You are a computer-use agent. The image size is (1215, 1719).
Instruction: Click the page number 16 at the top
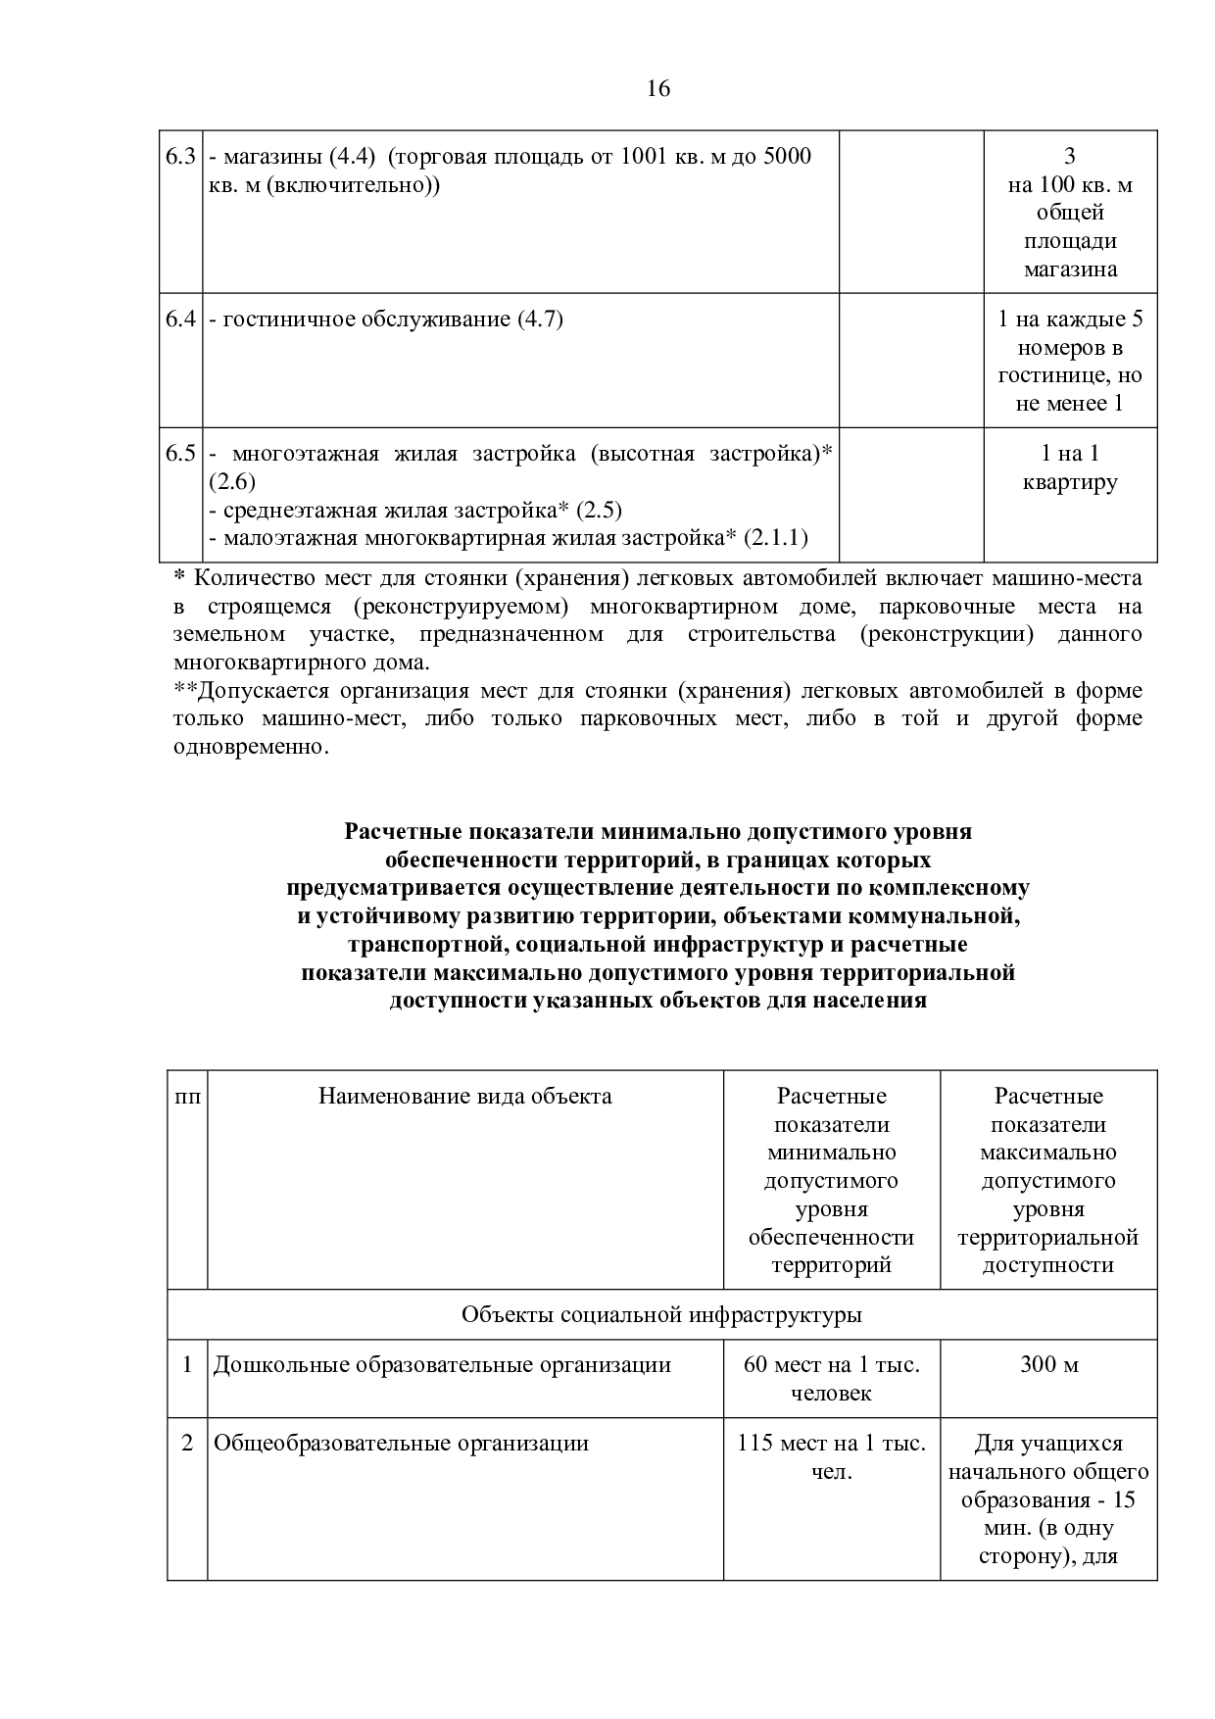coord(658,89)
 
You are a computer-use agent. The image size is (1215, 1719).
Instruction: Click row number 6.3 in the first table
coord(181,157)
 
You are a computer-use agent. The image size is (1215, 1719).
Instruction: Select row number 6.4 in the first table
coord(181,319)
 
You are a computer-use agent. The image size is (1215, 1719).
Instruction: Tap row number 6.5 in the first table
coord(181,454)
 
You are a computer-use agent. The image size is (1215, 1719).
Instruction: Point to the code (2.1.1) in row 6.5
coord(775,538)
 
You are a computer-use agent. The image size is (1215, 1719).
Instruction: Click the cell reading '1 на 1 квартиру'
coord(1069,467)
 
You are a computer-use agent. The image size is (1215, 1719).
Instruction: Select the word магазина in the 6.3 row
coord(1070,270)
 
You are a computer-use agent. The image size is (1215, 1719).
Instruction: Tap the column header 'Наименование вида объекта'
coord(464,1097)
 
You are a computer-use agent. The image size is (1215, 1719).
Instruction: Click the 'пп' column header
coord(187,1097)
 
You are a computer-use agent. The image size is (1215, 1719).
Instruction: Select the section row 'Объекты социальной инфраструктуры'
coord(661,1315)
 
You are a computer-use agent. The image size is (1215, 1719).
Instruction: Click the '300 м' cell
coord(1048,1365)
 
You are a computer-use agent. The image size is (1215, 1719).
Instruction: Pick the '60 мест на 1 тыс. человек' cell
coord(831,1379)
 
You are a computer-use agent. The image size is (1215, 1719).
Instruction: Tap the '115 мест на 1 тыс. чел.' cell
coord(831,1457)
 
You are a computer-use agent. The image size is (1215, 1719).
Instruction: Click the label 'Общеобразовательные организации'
coord(401,1444)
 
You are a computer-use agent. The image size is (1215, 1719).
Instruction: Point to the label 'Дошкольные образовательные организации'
coord(442,1365)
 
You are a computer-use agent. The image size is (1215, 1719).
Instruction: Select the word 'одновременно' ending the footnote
coord(248,747)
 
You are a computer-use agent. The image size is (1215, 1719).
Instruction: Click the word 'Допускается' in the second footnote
coord(252,691)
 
